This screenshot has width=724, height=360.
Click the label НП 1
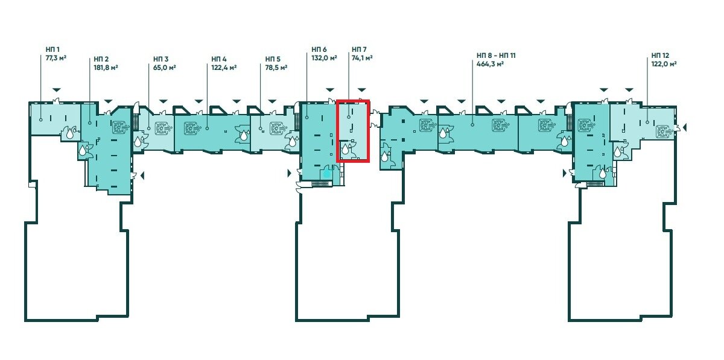(x=52, y=49)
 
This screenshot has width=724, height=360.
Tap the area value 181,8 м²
(x=106, y=68)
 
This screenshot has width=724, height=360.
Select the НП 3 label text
(x=160, y=59)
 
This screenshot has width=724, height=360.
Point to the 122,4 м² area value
(x=224, y=68)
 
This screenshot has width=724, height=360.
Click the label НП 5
(x=273, y=59)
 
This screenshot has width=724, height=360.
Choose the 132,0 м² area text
(x=324, y=58)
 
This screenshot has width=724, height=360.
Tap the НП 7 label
(x=359, y=49)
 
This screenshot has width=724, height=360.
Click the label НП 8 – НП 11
(x=496, y=55)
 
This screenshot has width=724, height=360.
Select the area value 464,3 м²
(x=491, y=64)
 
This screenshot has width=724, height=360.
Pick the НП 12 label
(x=660, y=55)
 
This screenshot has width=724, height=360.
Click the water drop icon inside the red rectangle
(x=346, y=150)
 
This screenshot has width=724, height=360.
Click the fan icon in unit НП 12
(x=662, y=131)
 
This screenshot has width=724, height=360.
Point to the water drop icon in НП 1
(x=70, y=133)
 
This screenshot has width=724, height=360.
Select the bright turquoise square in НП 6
(x=327, y=174)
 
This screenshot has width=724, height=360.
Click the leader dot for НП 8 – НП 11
(x=472, y=124)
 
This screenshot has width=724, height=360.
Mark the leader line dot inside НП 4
(x=207, y=128)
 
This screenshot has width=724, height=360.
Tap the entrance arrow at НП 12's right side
(x=684, y=127)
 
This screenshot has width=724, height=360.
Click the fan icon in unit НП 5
(x=276, y=128)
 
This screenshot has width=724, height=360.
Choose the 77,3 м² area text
(x=56, y=58)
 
